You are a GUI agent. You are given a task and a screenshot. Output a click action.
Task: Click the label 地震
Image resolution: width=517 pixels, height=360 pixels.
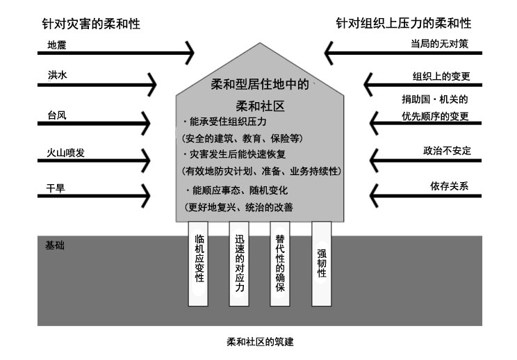pos(56,45)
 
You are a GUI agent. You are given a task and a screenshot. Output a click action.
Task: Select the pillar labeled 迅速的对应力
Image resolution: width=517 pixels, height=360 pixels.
pos(240,263)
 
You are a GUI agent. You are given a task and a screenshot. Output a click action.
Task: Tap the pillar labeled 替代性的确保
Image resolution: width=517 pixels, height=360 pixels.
pos(280,263)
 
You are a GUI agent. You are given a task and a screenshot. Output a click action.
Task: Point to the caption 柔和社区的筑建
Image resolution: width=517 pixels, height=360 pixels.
pos(265,343)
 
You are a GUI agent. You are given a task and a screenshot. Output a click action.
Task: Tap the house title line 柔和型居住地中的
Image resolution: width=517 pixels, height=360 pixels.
pos(259,85)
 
